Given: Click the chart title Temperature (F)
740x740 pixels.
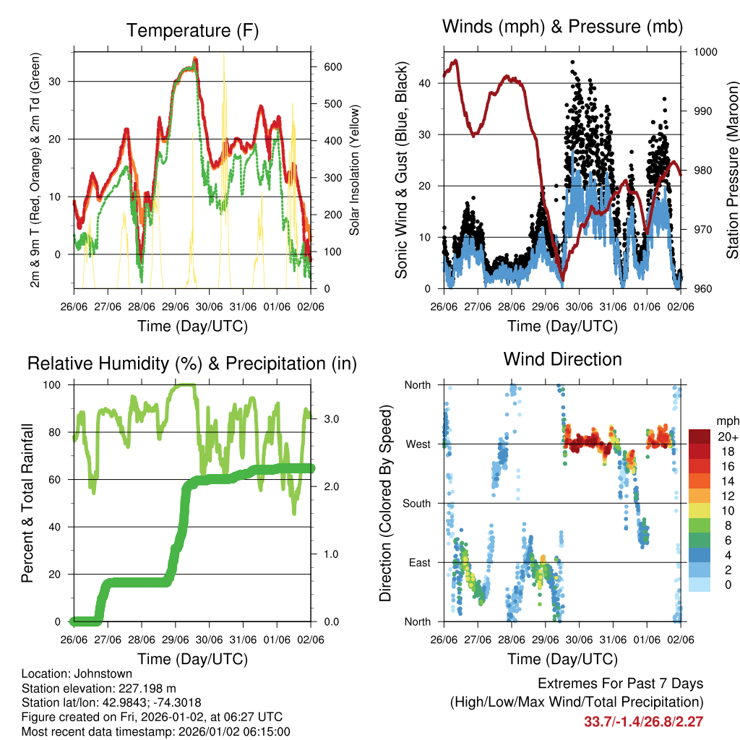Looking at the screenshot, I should (192, 30).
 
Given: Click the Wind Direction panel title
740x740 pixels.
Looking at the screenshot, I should (562, 359).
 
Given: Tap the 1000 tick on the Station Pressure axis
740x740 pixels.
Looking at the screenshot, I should (704, 52).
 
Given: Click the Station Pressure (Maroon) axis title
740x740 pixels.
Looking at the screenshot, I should (732, 171).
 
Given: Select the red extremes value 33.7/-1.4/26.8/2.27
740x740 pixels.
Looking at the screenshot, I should (643, 722).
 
